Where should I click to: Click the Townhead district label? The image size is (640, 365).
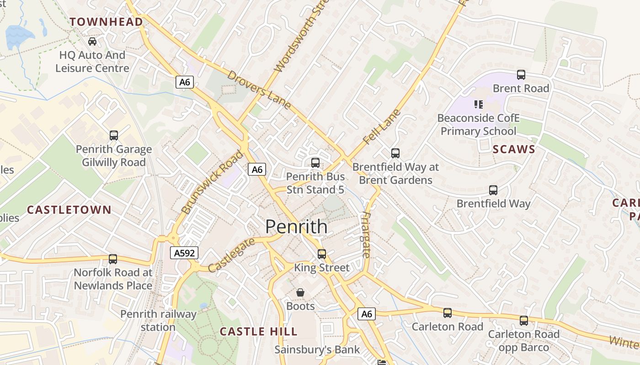pyautogui.click(x=106, y=21)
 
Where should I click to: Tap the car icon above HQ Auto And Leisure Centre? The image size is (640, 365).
pyautogui.click(x=92, y=42)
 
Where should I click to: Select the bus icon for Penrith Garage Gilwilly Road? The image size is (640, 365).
pyautogui.click(x=113, y=136)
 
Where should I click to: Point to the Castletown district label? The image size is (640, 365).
pyautogui.click(x=69, y=210)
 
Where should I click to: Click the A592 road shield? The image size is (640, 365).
pyautogui.click(x=184, y=253)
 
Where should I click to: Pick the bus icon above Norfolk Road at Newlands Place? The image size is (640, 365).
pyautogui.click(x=113, y=259)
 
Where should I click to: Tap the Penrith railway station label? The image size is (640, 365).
pyautogui.click(x=158, y=320)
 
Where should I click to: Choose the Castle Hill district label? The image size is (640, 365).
pyautogui.click(x=258, y=332)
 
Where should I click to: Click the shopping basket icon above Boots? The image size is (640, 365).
pyautogui.click(x=300, y=292)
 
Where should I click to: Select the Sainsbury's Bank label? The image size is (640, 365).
pyautogui.click(x=317, y=350)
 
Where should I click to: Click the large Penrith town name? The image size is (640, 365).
pyautogui.click(x=296, y=227)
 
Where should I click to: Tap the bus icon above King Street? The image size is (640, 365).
pyautogui.click(x=322, y=254)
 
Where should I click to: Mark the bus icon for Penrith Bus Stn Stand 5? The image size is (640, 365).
pyautogui.click(x=315, y=163)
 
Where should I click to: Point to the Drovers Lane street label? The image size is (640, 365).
pyautogui.click(x=259, y=90)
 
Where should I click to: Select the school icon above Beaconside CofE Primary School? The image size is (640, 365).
pyautogui.click(x=479, y=104)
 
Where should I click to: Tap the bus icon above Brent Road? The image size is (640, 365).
pyautogui.click(x=521, y=75)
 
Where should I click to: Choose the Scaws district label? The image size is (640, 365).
pyautogui.click(x=514, y=149)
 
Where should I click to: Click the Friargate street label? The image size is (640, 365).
pyautogui.click(x=366, y=235)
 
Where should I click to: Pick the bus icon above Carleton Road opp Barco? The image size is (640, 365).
pyautogui.click(x=524, y=321)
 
